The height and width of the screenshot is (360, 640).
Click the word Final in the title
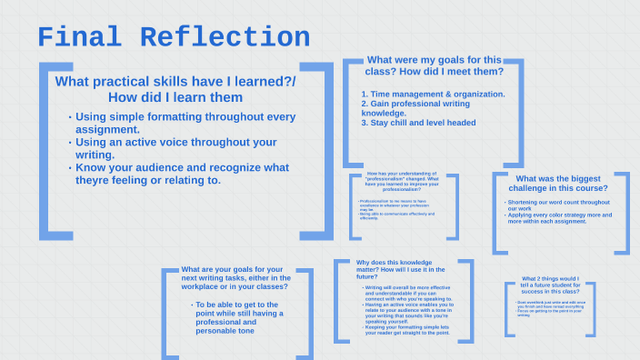(81, 37)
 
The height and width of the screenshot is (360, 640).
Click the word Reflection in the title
(225, 37)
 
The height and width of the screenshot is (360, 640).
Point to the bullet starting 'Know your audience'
(182, 174)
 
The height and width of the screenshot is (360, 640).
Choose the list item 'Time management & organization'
(434, 94)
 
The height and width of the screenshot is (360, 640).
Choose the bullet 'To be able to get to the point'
(237, 317)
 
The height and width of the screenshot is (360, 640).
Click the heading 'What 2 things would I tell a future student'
(550, 285)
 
